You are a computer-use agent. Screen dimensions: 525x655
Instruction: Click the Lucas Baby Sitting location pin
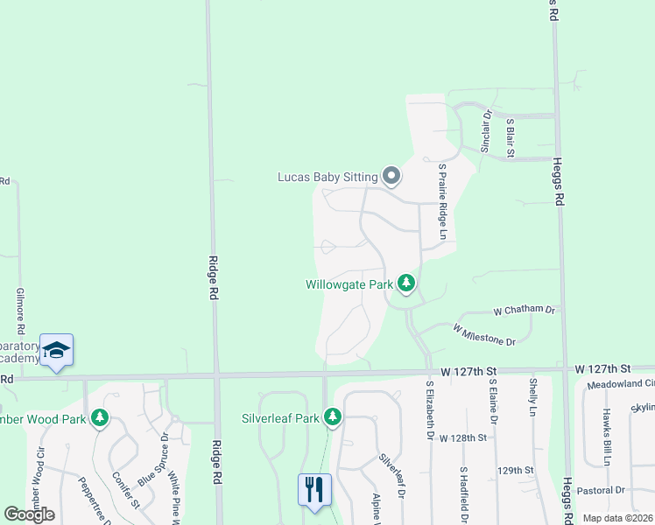(391, 177)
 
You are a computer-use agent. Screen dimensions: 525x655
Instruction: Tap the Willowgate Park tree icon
(405, 283)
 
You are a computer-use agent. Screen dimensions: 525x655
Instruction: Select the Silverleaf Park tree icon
(332, 418)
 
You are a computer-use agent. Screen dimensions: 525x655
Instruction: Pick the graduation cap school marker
(57, 351)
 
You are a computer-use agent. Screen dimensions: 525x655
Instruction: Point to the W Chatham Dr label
(525, 310)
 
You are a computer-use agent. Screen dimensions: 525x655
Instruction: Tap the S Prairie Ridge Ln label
(443, 202)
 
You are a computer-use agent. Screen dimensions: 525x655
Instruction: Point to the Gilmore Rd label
(19, 307)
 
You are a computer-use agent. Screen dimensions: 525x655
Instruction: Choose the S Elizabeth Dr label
(430, 409)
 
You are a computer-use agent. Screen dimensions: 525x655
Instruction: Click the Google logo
(29, 514)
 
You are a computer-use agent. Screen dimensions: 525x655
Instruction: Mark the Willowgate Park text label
(349, 284)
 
